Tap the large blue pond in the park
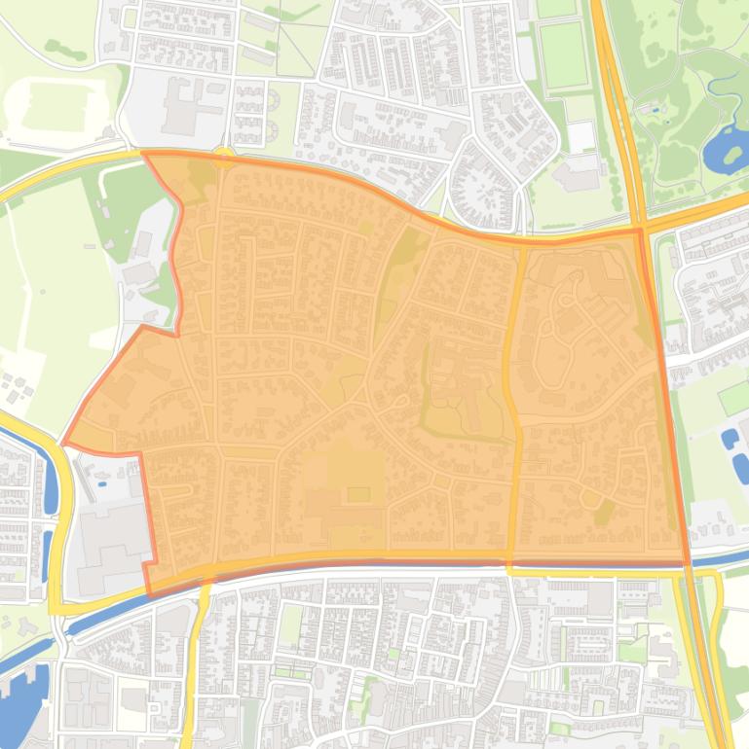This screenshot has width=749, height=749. click(x=725, y=148)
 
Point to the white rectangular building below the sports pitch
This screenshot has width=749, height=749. click(x=581, y=136)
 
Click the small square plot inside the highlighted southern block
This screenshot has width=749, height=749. click(x=358, y=494)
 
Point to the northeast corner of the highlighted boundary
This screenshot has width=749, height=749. click(x=640, y=230)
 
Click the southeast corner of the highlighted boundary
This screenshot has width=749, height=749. click(x=688, y=562)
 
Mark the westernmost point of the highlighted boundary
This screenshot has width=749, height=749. click(x=64, y=444)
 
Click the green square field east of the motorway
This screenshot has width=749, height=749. click(x=733, y=398)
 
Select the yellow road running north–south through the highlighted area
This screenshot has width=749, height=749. click(x=511, y=389)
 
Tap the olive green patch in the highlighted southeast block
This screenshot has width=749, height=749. click(x=604, y=510)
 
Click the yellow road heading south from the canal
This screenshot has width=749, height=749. click(x=196, y=661)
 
